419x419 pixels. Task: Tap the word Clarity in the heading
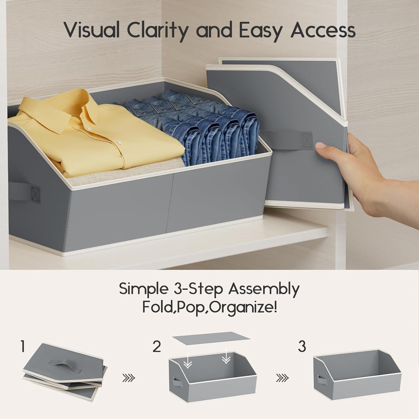(158, 32)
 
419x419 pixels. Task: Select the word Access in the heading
(323, 30)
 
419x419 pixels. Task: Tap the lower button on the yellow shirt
(119, 143)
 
